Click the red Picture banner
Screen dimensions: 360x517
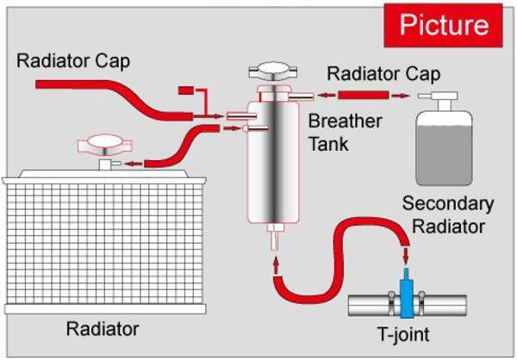click(x=443, y=24)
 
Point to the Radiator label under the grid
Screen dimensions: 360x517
click(x=103, y=328)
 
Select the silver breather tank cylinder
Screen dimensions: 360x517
click(x=273, y=164)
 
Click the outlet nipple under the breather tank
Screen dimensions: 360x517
click(x=274, y=236)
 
